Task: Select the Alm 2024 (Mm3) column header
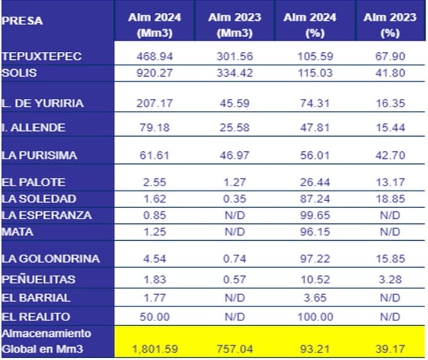pos(155,25)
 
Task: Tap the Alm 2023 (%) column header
pos(390,25)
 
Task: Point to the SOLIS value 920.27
pos(155,73)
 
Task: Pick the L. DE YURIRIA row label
pos(42,104)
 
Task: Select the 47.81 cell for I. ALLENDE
pos(309,127)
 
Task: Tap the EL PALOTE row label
pos(34,182)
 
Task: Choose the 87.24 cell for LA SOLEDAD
pos(309,198)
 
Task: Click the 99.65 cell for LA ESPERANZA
pos(309,215)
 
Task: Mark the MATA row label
pos(18,231)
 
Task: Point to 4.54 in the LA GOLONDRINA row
pos(155,258)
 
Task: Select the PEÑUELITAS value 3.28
pos(390,279)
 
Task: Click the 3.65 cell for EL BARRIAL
pos(309,298)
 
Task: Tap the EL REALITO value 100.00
pos(309,317)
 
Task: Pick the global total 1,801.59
pos(155,350)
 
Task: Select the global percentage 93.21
pos(309,350)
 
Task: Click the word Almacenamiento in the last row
pos(47,334)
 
